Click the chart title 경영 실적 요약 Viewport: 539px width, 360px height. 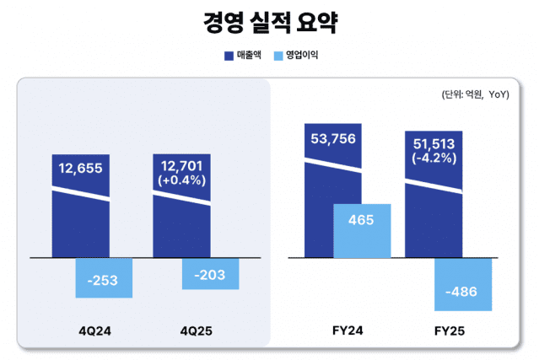click(x=269, y=22)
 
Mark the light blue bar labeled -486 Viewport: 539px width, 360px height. click(x=463, y=292)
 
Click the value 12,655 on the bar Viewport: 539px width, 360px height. click(x=80, y=168)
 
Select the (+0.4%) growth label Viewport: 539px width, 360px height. click(x=181, y=180)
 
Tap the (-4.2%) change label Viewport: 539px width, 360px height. click(x=434, y=158)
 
